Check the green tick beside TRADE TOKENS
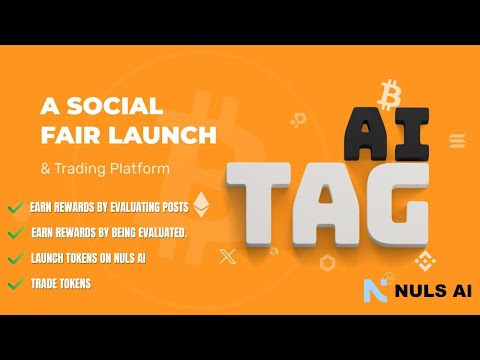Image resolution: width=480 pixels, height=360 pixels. click(15, 284)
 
